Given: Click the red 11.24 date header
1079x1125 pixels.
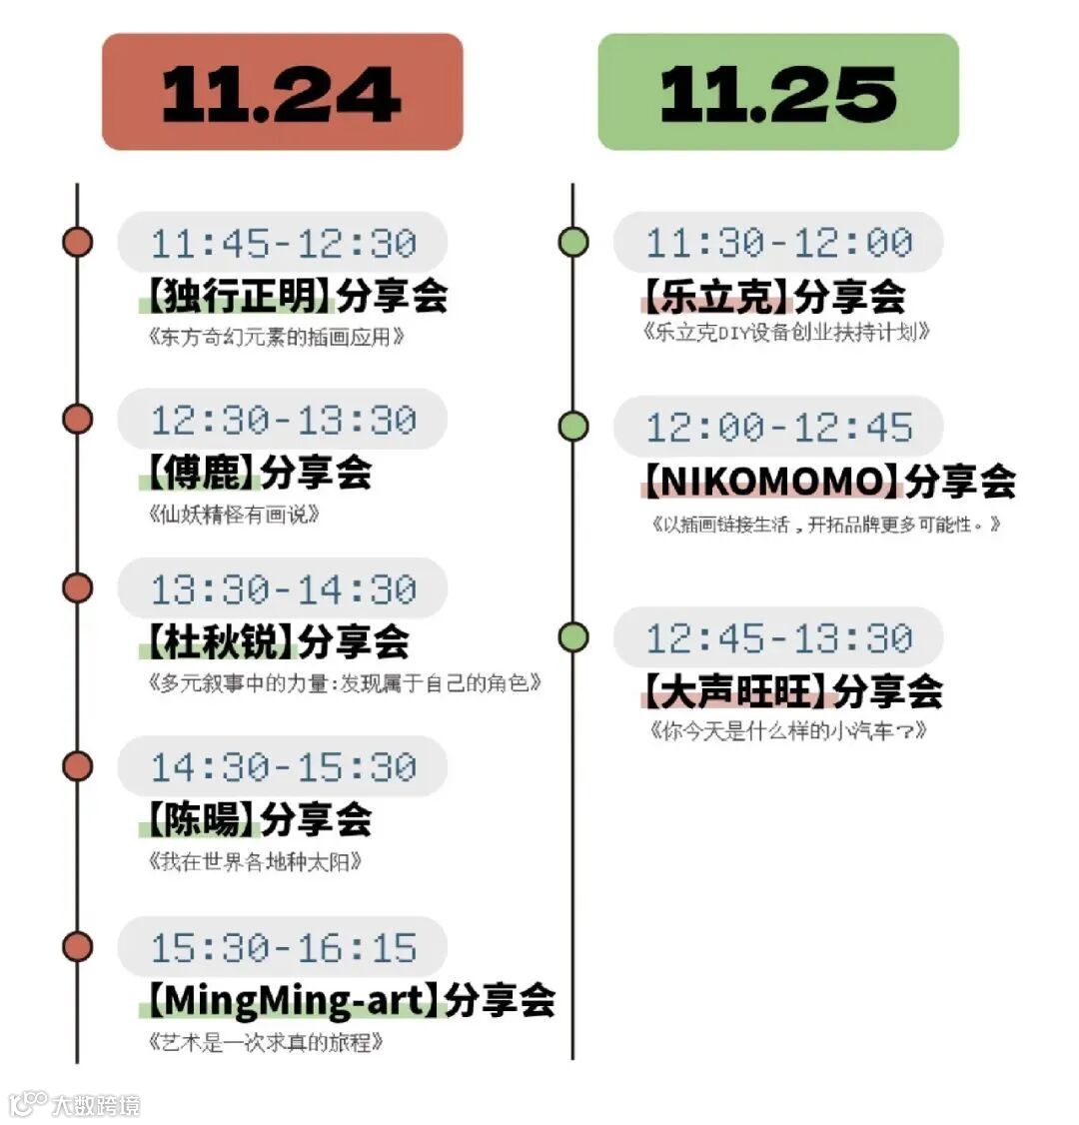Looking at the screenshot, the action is (x=282, y=92).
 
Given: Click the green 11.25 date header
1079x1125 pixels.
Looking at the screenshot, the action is (x=777, y=92).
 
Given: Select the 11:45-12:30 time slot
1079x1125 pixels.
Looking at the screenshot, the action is (x=283, y=243).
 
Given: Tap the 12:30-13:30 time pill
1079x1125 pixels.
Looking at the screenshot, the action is (x=283, y=420).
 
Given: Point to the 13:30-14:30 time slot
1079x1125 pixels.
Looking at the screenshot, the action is (x=283, y=589).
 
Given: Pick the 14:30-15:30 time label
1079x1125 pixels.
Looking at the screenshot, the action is (x=283, y=767).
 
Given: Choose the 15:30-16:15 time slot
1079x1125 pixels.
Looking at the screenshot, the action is (x=283, y=947).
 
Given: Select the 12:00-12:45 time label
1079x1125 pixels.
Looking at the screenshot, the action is (x=778, y=427).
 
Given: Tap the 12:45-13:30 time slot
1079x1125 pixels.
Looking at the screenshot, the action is (x=778, y=637).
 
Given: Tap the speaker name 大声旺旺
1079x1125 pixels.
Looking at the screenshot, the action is (x=735, y=690).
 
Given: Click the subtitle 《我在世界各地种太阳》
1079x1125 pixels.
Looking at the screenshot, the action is (x=255, y=861).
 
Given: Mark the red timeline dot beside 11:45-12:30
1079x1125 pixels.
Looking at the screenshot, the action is (x=77, y=243).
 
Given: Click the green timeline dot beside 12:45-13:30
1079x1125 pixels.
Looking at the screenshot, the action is (x=573, y=637).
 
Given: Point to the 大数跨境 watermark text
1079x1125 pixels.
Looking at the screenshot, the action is (x=95, y=1104).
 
